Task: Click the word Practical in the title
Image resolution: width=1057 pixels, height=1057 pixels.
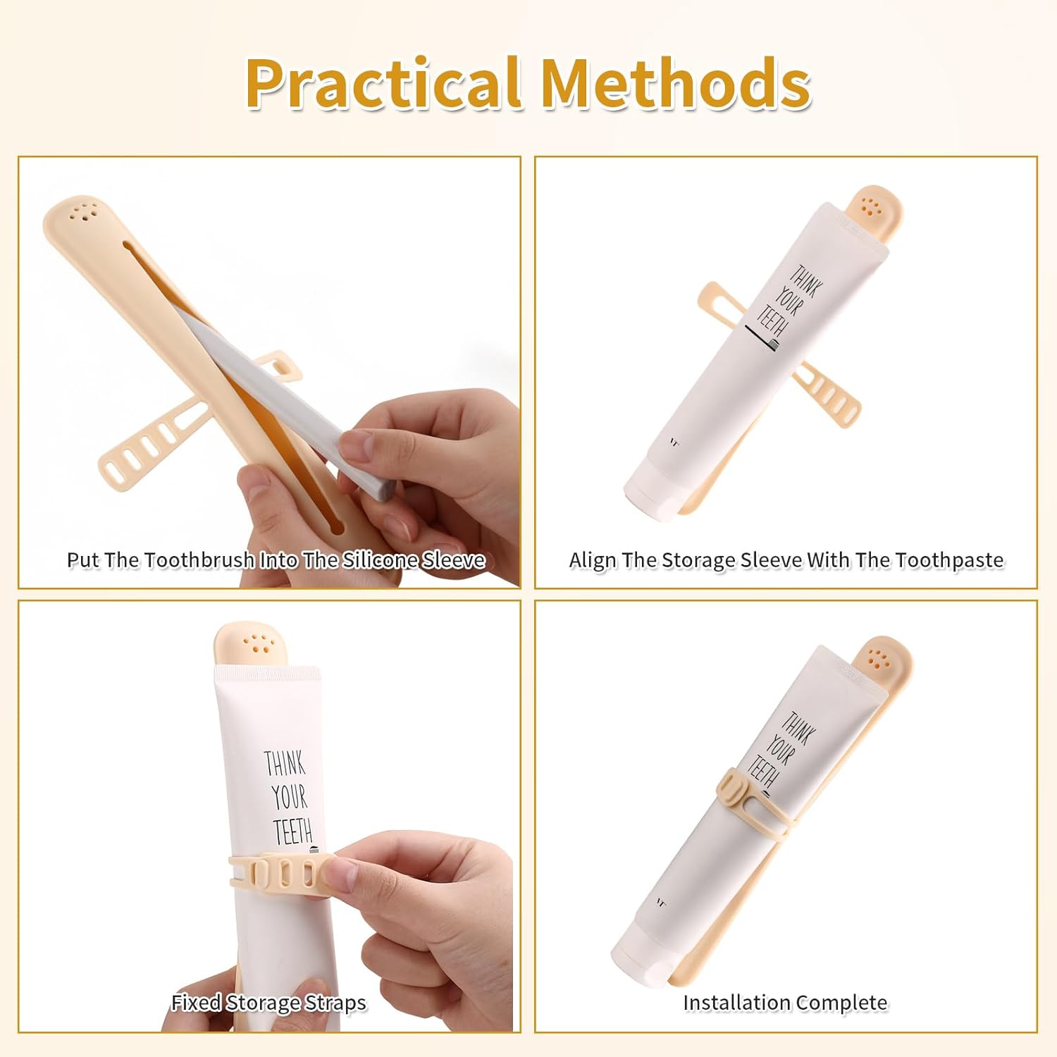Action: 383,83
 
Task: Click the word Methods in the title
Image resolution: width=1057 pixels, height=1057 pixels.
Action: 676,83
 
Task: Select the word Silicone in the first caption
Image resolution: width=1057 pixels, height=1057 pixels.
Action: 380,560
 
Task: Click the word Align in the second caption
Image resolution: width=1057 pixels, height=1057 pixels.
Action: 592,561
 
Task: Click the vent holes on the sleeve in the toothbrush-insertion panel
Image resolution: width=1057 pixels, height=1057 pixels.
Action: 83,212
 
